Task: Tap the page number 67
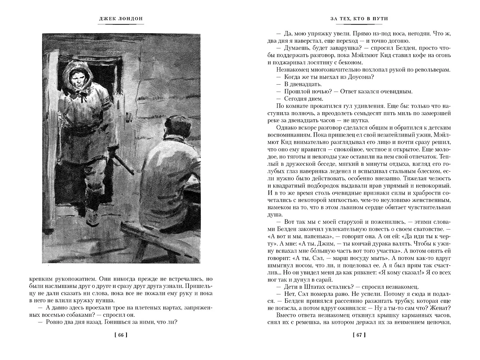click(359, 335)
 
